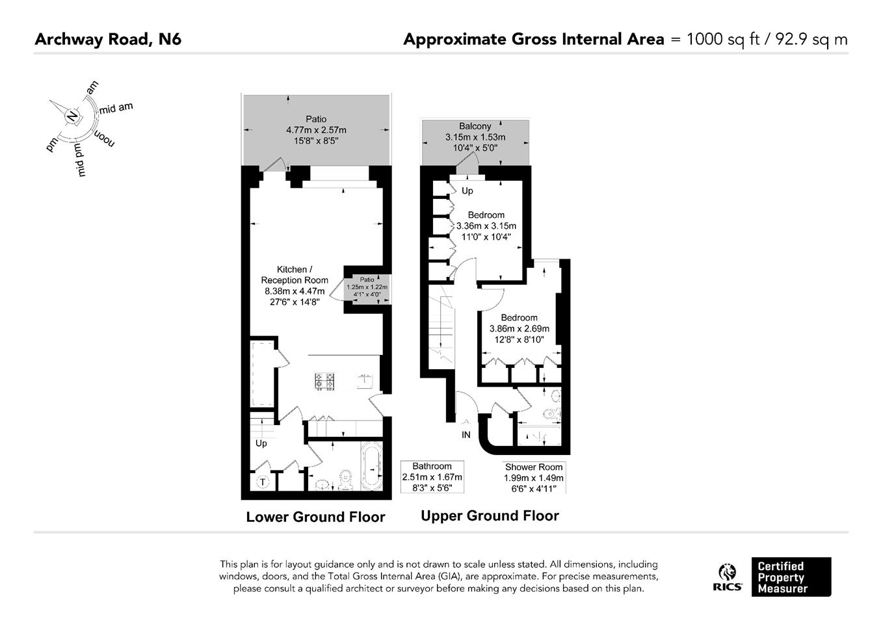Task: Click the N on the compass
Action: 73,116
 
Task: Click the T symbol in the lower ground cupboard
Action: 263,482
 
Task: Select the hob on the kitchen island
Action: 324,382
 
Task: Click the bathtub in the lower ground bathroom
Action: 372,465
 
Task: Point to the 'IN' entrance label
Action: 466,435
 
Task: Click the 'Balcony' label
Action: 475,127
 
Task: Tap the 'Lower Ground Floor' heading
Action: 315,517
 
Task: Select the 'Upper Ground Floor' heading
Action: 490,515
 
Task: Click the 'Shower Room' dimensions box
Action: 534,478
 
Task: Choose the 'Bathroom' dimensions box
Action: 432,476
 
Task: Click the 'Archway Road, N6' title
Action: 108,40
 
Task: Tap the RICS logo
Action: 728,577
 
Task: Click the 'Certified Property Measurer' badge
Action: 791,577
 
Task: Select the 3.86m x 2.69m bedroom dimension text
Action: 519,328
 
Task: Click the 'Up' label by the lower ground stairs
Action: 261,443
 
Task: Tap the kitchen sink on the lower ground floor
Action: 365,381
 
